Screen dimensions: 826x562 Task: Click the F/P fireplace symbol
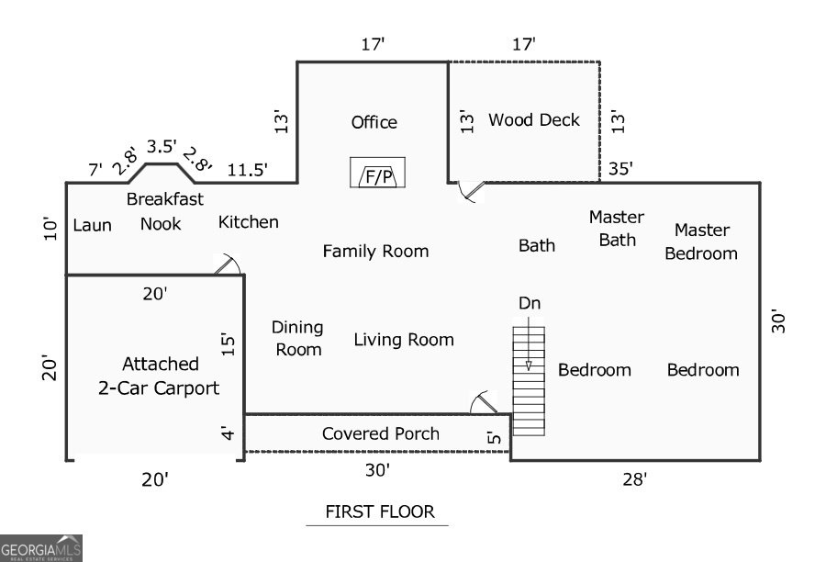coord(378,173)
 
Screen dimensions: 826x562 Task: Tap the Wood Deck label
coord(533,120)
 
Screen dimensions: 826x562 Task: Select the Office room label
coord(374,122)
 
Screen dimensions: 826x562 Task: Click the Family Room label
coord(375,252)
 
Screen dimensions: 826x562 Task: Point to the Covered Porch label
coord(380,433)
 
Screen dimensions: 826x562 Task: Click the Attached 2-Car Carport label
coord(159,376)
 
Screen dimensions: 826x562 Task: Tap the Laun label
coord(92,225)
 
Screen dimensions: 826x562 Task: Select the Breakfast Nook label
coord(165,211)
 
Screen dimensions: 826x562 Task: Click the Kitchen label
coord(248,222)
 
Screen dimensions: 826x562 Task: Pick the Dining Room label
coord(297,339)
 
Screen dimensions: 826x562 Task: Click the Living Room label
coord(404,340)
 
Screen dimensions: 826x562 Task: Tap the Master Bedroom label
coord(701,242)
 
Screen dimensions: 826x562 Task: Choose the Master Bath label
coord(617,229)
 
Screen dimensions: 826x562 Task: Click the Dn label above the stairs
coord(530,303)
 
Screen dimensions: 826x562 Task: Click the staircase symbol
coord(529,381)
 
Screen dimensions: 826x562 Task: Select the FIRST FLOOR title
coord(380,511)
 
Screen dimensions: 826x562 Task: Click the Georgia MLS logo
coord(41,548)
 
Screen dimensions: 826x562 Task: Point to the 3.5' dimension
coord(162,147)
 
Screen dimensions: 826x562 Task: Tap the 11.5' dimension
coord(247,170)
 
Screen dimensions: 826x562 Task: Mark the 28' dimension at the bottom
coord(634,479)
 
